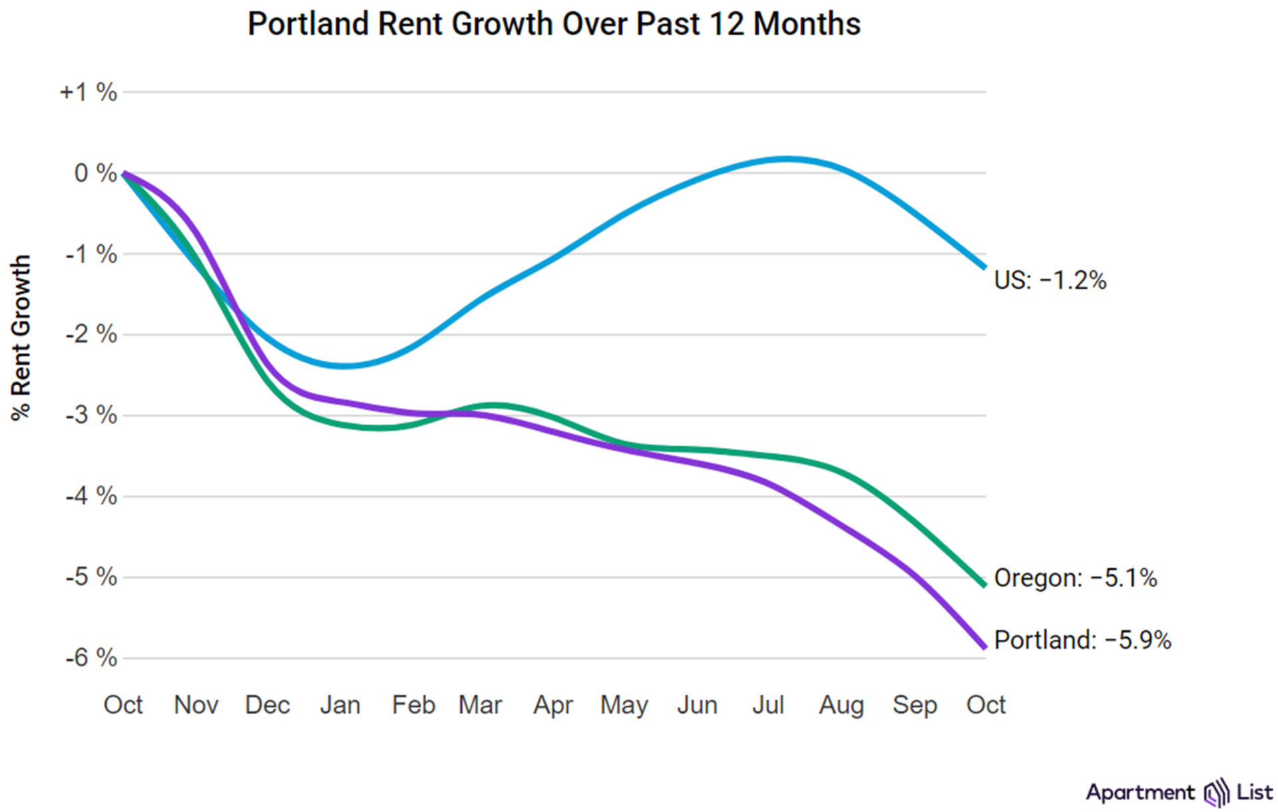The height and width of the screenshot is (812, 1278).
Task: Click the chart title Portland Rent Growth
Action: click(x=554, y=24)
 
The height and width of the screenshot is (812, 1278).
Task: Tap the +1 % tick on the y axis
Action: click(x=89, y=92)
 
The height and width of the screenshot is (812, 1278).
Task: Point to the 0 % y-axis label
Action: click(x=95, y=173)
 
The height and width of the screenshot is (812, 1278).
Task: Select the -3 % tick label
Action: click(x=91, y=415)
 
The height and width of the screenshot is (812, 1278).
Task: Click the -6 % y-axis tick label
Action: click(x=91, y=658)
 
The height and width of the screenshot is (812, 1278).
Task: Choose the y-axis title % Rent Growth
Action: click(x=21, y=337)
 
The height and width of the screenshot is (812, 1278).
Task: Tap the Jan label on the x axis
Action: click(x=340, y=705)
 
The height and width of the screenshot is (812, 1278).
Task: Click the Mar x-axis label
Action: click(x=480, y=705)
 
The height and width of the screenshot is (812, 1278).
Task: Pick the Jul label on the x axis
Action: click(x=768, y=705)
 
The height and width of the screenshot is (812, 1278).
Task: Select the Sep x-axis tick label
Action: click(x=915, y=705)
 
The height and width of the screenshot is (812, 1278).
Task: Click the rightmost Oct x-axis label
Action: click(x=986, y=705)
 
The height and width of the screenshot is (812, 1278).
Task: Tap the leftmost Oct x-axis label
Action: click(x=123, y=705)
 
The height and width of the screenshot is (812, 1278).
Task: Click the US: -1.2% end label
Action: click(x=1050, y=280)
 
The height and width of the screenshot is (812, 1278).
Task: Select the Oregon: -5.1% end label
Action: click(x=1075, y=578)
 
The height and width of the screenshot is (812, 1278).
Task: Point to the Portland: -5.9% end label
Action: click(x=1082, y=640)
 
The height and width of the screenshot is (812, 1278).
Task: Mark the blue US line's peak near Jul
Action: click(x=787, y=159)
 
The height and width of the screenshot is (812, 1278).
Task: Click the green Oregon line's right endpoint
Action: click(x=984, y=585)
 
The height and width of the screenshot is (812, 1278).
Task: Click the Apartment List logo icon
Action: click(x=1216, y=793)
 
